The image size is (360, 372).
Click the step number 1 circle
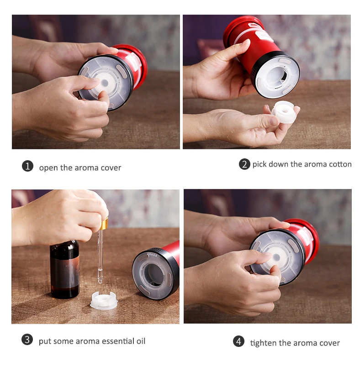[28, 167]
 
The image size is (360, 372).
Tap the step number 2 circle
[244, 164]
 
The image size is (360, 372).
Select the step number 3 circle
[27, 340]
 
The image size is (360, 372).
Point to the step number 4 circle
[238, 341]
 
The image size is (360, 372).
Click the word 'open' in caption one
[48, 168]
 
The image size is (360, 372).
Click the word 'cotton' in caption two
[340, 164]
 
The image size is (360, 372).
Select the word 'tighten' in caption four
[262, 343]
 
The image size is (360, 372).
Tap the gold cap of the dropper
[104, 223]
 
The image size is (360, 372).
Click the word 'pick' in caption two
[259, 164]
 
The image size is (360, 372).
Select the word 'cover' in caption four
[328, 343]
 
